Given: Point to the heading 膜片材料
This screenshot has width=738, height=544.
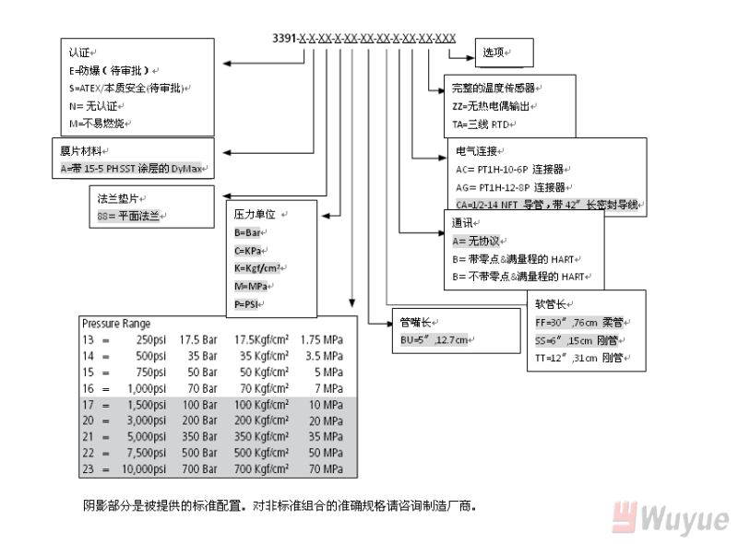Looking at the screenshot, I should coord(78,151).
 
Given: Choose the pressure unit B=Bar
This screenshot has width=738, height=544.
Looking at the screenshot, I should coord(247,233).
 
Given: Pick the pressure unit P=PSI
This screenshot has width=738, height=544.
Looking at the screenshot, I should coord(246,303).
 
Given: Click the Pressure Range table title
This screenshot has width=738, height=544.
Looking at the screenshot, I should coord(114,325).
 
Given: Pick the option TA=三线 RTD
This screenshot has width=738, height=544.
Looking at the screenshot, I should coord(483,122).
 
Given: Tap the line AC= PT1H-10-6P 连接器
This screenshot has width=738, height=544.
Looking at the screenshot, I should coord(513,169).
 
